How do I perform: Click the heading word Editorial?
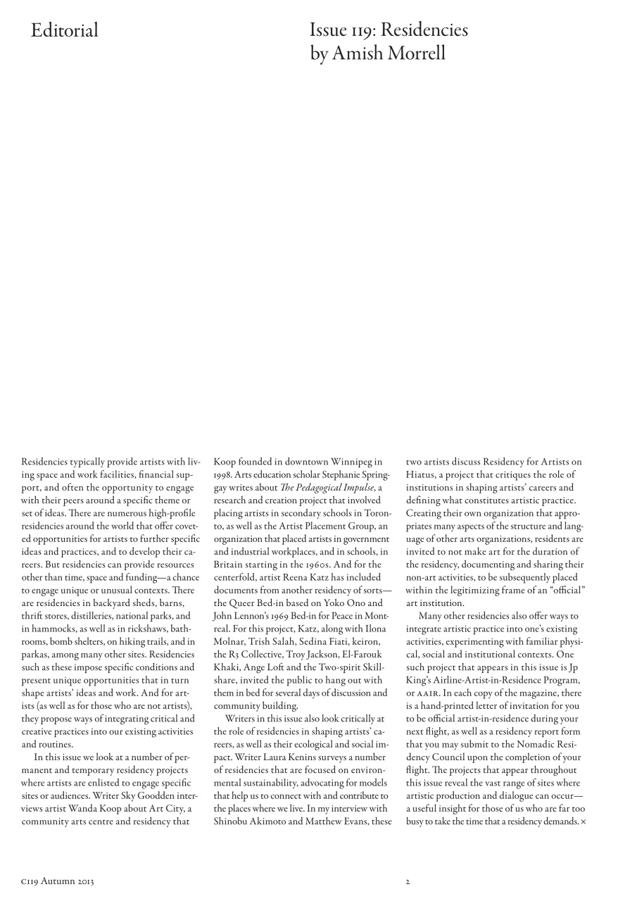pyautogui.click(x=64, y=30)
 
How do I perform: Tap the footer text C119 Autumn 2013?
pyautogui.click(x=58, y=881)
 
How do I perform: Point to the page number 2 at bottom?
pyautogui.click(x=408, y=881)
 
